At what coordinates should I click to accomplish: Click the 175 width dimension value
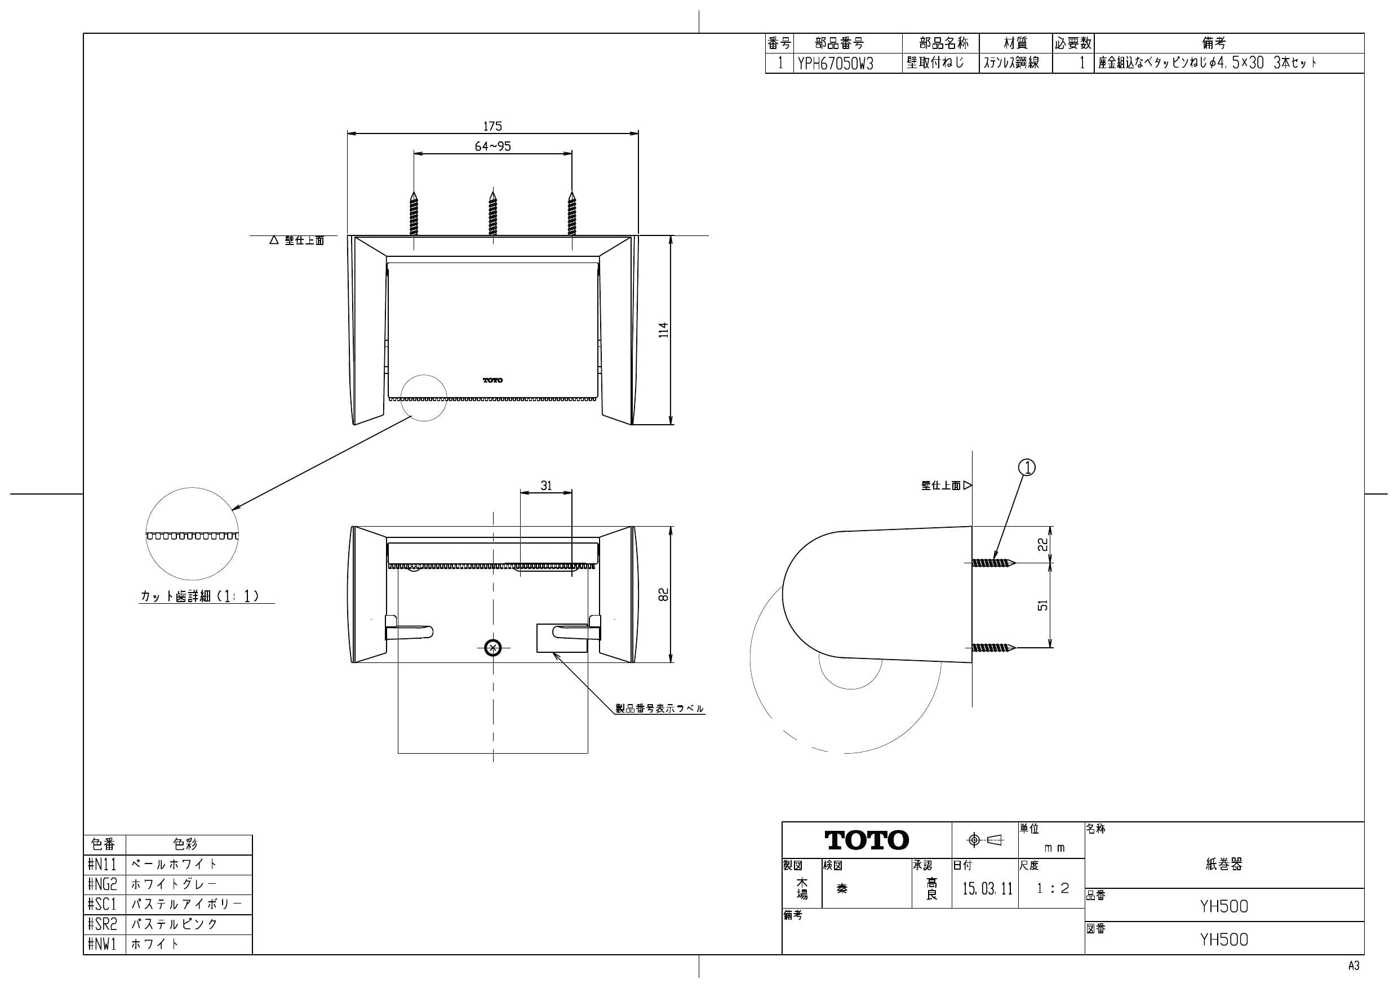[x=492, y=126]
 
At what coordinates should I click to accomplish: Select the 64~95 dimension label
[x=492, y=146]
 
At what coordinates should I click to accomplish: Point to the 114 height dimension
[x=663, y=330]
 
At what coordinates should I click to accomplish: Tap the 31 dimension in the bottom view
[x=545, y=485]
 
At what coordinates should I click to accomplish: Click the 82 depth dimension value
[x=664, y=594]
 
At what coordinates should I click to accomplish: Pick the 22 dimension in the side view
[x=1043, y=544]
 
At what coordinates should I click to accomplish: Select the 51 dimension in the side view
[x=1043, y=605]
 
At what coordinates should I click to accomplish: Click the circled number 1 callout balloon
[x=1027, y=468]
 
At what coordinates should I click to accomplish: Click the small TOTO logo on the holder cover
[x=492, y=380]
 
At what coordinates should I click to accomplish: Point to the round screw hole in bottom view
[x=492, y=648]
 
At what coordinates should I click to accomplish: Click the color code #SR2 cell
[x=103, y=924]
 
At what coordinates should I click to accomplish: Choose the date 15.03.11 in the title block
[x=987, y=889]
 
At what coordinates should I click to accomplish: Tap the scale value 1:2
[x=1053, y=889]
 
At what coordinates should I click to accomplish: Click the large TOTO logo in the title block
[x=867, y=840]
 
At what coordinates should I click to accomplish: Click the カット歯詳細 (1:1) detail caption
[x=201, y=596]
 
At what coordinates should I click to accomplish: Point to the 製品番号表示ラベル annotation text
[x=659, y=708]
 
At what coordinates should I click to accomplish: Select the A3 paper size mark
[x=1353, y=966]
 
